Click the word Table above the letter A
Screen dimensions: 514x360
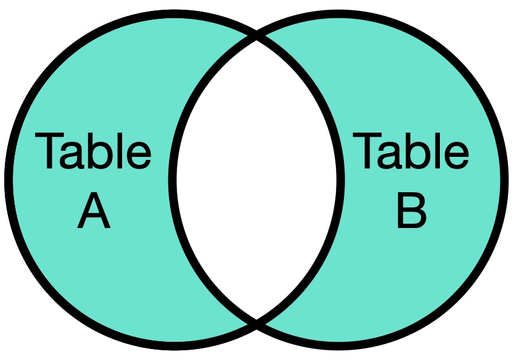tap(93, 151)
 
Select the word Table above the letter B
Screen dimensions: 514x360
tap(411, 151)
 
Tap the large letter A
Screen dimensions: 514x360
tap(94, 210)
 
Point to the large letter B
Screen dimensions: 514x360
tap(412, 210)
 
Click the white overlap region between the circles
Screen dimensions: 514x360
tap(256, 179)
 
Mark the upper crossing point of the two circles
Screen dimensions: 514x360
tap(256, 35)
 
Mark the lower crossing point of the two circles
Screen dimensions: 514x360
tap(256, 324)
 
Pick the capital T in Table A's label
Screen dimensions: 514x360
tap(49, 151)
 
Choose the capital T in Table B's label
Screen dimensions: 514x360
tap(367, 151)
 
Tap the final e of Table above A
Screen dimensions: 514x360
tap(139, 156)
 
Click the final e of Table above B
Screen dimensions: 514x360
tap(457, 156)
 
